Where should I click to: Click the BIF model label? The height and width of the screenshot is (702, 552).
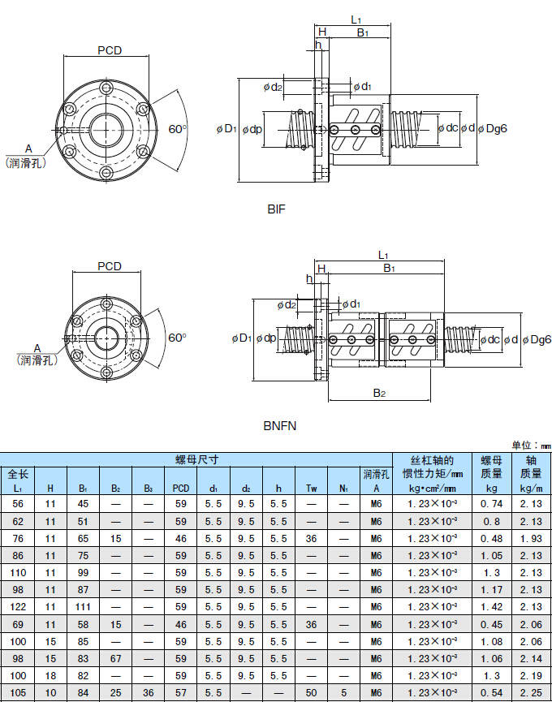click(277, 209)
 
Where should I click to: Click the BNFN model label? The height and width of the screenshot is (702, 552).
click(279, 424)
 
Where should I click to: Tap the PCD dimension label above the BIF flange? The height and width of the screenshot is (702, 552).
click(110, 50)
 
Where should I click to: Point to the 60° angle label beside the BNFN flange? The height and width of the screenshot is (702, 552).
click(178, 337)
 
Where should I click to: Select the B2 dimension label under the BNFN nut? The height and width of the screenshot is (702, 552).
click(379, 393)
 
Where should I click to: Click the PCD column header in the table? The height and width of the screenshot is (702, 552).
click(181, 489)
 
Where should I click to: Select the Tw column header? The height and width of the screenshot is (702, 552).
click(311, 489)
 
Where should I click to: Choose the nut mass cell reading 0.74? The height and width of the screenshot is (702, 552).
click(492, 504)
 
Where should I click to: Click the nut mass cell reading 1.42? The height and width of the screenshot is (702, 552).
click(492, 607)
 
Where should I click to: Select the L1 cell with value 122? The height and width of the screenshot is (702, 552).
click(18, 607)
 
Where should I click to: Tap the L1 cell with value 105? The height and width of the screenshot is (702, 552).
click(18, 691)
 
